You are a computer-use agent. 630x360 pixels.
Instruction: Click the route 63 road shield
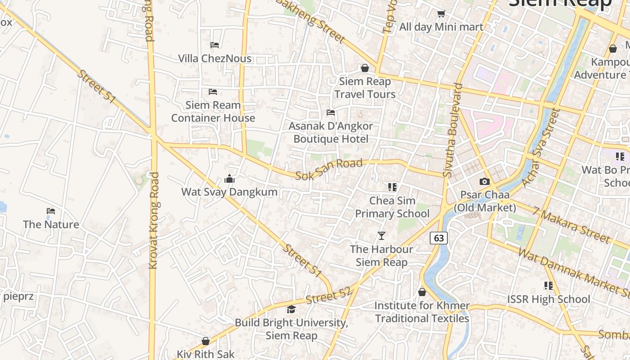439,238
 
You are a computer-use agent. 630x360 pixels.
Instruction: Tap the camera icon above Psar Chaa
485,181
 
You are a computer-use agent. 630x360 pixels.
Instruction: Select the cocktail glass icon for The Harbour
382,235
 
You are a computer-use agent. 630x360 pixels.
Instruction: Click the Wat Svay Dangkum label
229,192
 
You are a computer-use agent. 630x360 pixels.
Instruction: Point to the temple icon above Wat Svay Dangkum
229,179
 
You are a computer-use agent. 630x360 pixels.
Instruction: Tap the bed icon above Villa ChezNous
215,45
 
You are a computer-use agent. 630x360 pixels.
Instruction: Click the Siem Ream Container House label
213,112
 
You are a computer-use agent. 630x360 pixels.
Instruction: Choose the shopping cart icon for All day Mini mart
441,13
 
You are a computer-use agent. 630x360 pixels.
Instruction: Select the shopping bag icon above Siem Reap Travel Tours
365,68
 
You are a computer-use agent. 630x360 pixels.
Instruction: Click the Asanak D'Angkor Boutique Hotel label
331,132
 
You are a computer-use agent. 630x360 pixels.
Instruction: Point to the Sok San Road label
329,169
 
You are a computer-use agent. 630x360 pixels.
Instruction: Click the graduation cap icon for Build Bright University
291,309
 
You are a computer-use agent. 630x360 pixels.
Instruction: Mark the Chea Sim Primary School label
392,207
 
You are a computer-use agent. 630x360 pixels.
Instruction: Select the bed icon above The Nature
51,211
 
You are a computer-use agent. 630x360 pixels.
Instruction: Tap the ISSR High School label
549,299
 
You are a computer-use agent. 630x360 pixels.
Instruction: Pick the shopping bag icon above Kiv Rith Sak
206,341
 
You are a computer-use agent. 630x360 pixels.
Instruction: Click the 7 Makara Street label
571,225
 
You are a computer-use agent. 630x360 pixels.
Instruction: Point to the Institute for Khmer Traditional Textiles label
422,312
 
